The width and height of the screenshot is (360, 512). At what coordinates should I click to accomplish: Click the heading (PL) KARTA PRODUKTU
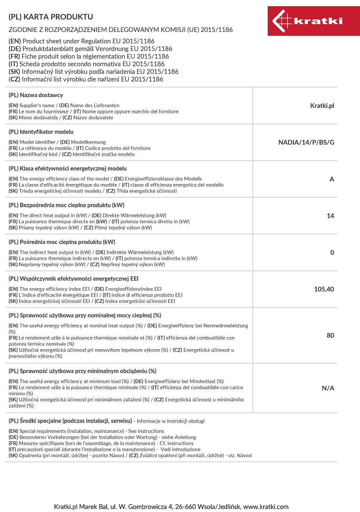point(51,17)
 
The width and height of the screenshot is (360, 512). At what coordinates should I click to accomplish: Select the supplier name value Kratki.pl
point(322,106)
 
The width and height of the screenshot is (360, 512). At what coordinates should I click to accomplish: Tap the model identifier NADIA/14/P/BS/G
point(306,143)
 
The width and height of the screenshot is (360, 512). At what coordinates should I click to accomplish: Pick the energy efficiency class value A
point(332,179)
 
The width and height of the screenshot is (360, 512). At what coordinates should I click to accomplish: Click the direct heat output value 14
point(330,216)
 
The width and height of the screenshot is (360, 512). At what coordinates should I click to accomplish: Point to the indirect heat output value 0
point(332,252)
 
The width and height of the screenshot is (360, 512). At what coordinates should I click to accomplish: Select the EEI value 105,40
point(324,289)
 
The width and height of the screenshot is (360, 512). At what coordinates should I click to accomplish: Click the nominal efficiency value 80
point(330,335)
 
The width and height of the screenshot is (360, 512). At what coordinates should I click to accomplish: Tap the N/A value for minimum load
point(328,388)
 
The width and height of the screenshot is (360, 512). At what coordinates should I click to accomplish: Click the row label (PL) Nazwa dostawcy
point(36,95)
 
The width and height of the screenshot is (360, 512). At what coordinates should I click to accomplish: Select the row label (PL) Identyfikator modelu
point(41,132)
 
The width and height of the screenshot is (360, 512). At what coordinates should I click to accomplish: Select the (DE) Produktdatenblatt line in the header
point(90,49)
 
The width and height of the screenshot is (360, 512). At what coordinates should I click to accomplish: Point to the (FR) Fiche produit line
point(89,56)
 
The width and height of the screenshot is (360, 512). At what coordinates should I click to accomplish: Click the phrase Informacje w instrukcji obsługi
point(171,421)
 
